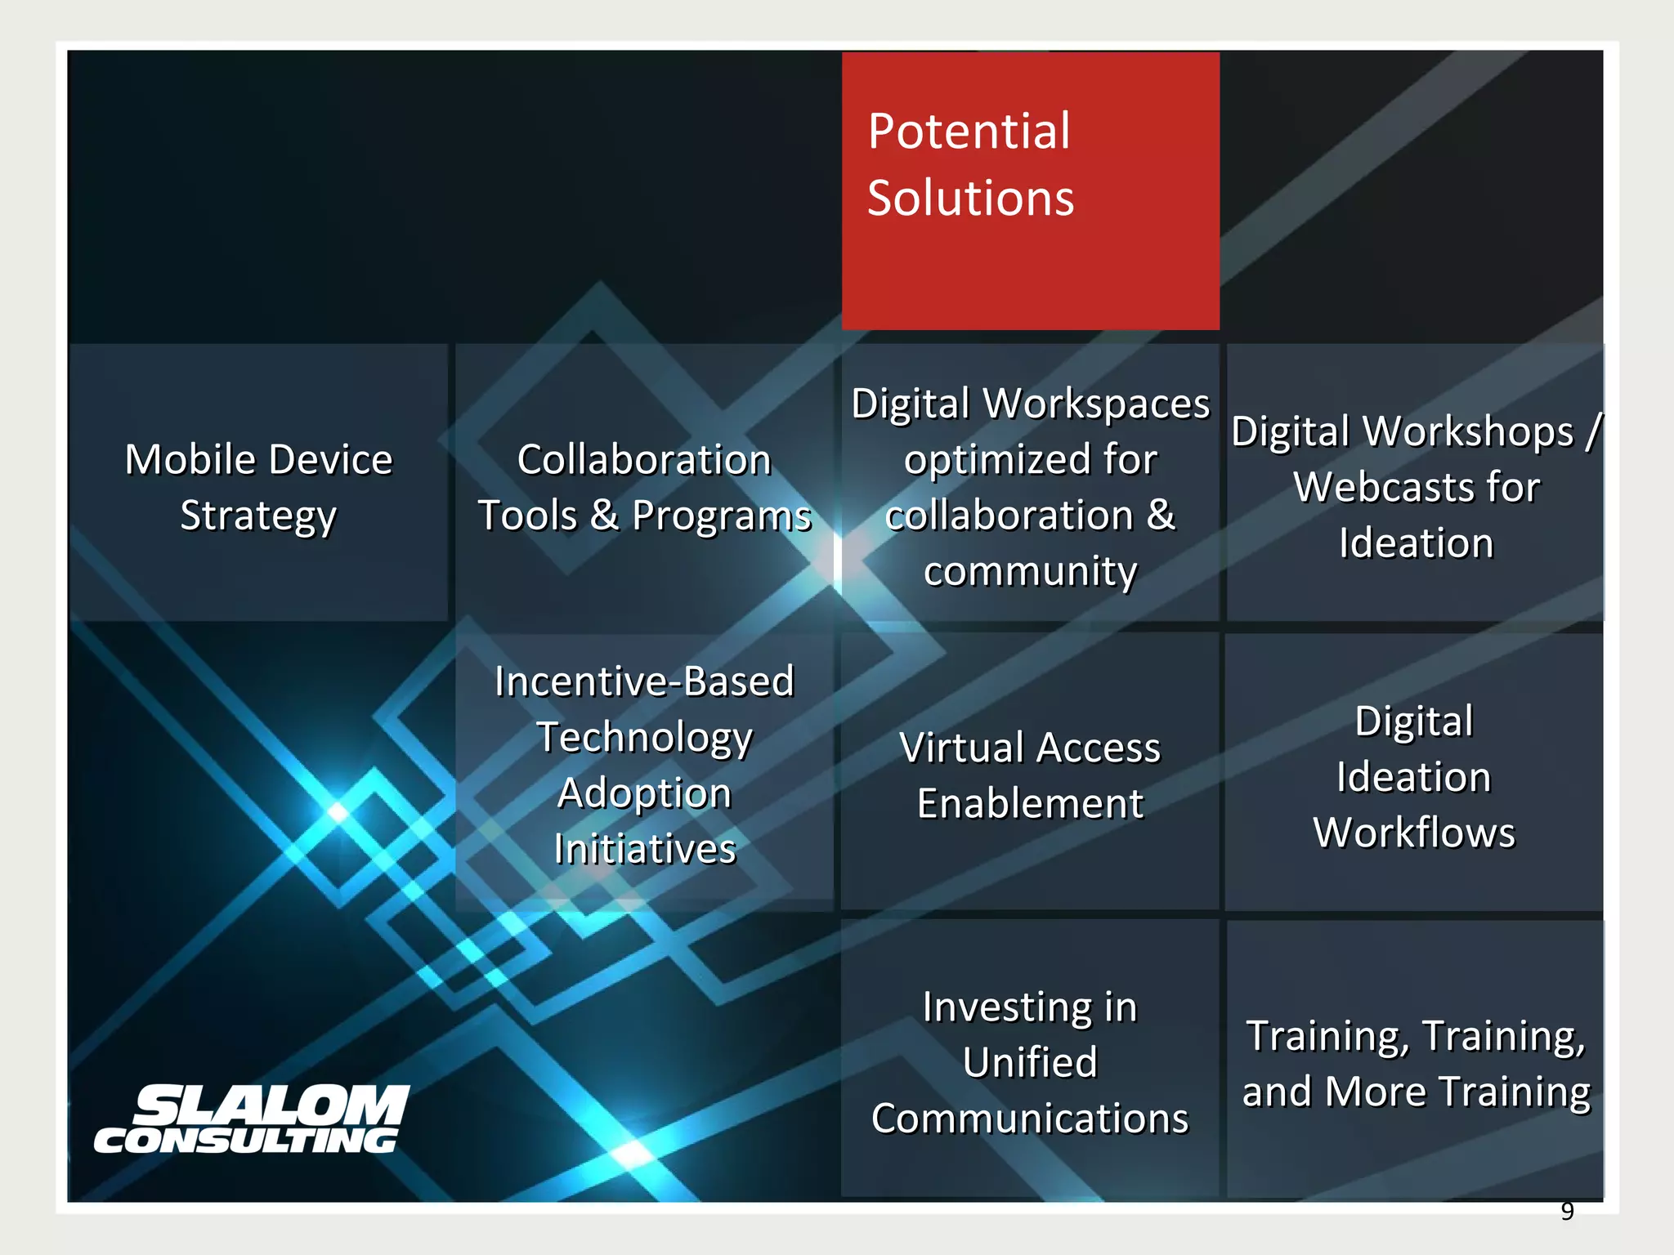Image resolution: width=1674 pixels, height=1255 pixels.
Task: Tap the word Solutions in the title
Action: point(970,198)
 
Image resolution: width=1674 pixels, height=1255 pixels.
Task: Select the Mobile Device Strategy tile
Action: point(258,487)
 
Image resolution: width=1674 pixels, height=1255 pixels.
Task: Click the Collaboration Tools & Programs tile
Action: point(644,487)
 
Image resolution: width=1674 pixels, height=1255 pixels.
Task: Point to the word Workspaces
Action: point(1096,404)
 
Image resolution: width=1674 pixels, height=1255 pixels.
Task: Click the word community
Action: point(1030,571)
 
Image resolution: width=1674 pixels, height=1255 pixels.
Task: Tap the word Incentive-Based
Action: point(644,681)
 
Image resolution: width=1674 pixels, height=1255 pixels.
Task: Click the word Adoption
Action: point(644,793)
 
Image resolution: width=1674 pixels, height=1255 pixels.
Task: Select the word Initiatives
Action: point(644,849)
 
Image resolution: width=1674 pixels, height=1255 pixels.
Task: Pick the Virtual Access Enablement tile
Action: point(1030,775)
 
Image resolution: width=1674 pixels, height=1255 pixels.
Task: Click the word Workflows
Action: point(1414,833)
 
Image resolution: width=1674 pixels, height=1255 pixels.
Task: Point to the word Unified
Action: point(1030,1063)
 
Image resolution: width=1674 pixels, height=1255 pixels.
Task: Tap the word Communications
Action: point(1030,1119)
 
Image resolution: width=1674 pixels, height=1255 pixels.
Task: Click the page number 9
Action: point(1566,1211)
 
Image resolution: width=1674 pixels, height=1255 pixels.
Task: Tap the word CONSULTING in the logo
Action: point(245,1141)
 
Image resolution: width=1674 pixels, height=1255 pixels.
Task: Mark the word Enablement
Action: point(1030,804)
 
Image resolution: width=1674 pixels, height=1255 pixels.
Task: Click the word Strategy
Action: point(258,516)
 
